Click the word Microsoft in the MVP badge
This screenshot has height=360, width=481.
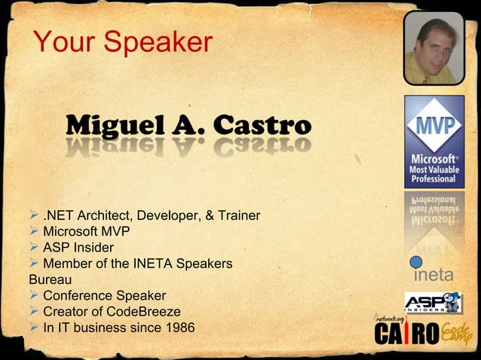pyautogui.click(x=433, y=159)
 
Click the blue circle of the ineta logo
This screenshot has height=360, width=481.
pyautogui.click(x=416, y=262)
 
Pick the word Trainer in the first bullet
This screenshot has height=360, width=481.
pyautogui.click(x=238, y=217)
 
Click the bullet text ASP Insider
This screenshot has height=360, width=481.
pyautogui.click(x=78, y=248)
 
